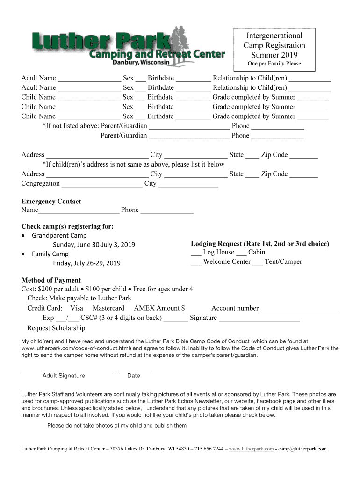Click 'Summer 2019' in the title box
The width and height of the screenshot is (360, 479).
pos(274,55)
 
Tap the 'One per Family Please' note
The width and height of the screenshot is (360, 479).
pos(274,64)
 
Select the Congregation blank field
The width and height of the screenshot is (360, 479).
pos(101,184)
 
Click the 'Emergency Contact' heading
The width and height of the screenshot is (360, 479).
pos(51,202)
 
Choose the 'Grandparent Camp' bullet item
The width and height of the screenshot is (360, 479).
pos(59,236)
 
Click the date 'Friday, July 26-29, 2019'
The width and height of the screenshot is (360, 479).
pos(86,263)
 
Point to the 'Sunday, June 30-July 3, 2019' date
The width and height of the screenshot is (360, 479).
pos(94,245)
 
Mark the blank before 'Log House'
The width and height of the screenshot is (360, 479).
pos(196,253)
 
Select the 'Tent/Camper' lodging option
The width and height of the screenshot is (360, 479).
pos(283,262)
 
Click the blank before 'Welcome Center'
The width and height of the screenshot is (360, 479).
pos(196,262)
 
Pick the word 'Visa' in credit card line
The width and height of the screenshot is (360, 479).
pos(77,308)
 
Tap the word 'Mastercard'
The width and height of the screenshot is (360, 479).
pos(108,308)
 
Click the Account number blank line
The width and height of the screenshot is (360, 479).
pos(299,309)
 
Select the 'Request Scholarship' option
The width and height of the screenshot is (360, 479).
pos(56,328)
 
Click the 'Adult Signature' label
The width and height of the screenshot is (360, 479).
pos(64,376)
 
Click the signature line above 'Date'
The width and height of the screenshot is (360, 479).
pos(135,370)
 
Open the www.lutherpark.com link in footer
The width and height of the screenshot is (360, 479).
pos(252,449)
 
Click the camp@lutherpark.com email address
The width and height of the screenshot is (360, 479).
pos(302,449)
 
